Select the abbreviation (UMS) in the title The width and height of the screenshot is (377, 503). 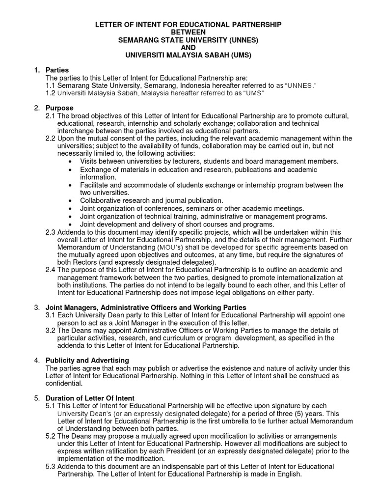click(241, 56)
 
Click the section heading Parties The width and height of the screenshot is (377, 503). click(57, 70)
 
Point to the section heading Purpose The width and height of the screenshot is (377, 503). click(59, 108)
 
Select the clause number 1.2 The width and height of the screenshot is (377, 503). click(50, 93)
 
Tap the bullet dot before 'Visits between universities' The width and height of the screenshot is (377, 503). click(72, 162)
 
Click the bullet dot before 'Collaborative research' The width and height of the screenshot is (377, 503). click(72, 201)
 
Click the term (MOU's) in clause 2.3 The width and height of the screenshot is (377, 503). click(172, 247)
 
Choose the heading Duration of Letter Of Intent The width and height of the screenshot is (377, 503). click(90, 398)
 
